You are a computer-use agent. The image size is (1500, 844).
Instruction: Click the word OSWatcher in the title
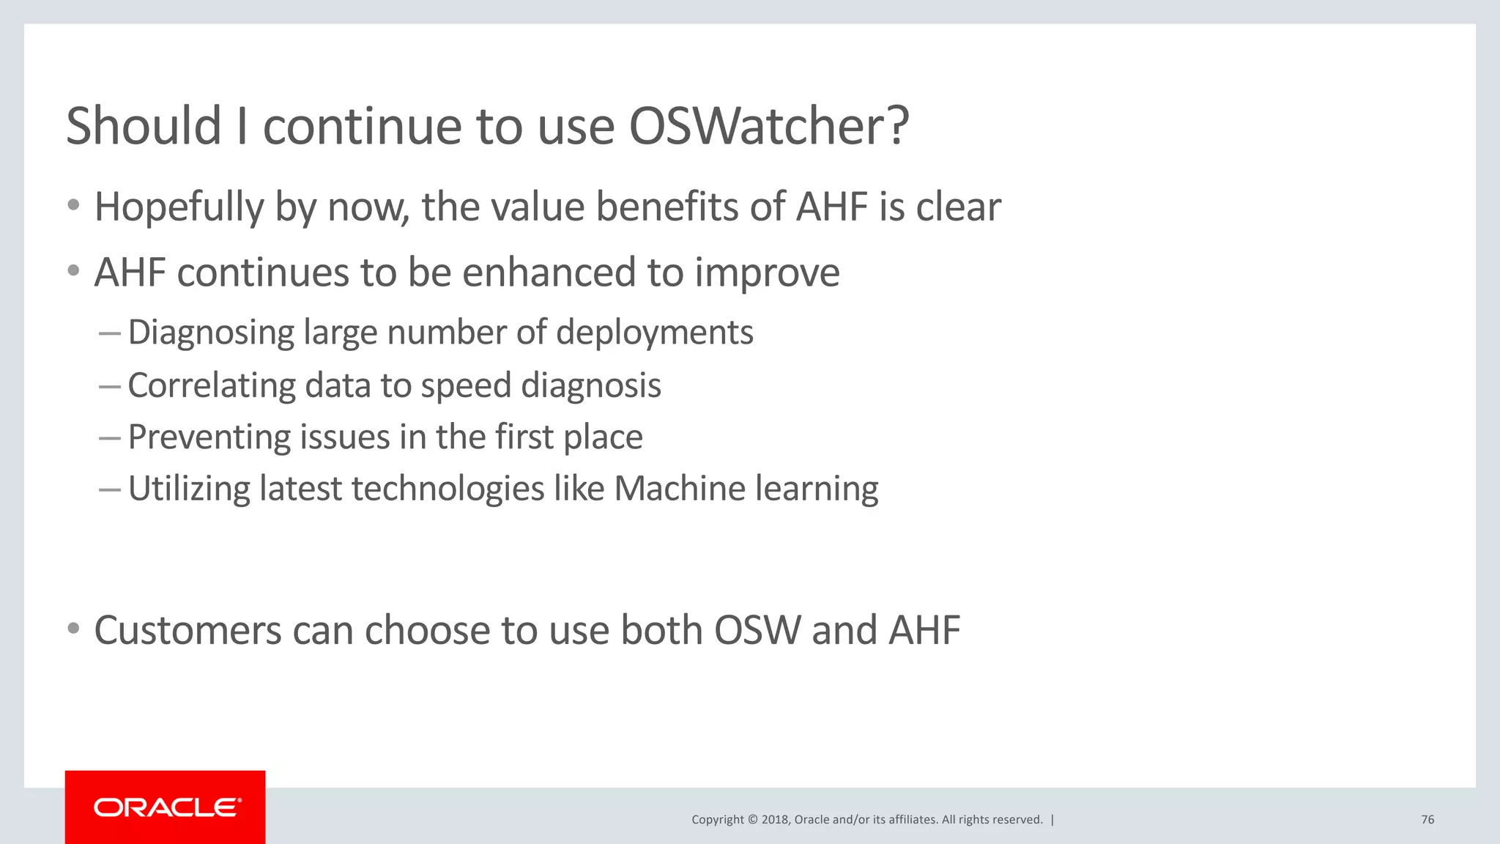769,126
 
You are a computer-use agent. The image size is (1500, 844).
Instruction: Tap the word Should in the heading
144,126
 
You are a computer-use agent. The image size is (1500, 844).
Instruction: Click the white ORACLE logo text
167,807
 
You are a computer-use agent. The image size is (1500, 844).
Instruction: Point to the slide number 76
1427,819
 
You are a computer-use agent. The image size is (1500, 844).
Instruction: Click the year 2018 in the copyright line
774,819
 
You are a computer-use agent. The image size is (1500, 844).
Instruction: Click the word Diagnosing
211,333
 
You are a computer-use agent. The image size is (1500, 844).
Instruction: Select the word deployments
654,333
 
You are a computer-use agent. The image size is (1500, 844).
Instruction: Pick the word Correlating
211,386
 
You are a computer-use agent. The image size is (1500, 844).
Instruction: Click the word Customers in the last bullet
187,630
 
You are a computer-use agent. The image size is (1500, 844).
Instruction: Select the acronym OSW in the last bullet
757,630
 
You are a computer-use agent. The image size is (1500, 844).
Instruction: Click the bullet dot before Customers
73,629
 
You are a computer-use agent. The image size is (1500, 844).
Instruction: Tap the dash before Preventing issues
109,439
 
